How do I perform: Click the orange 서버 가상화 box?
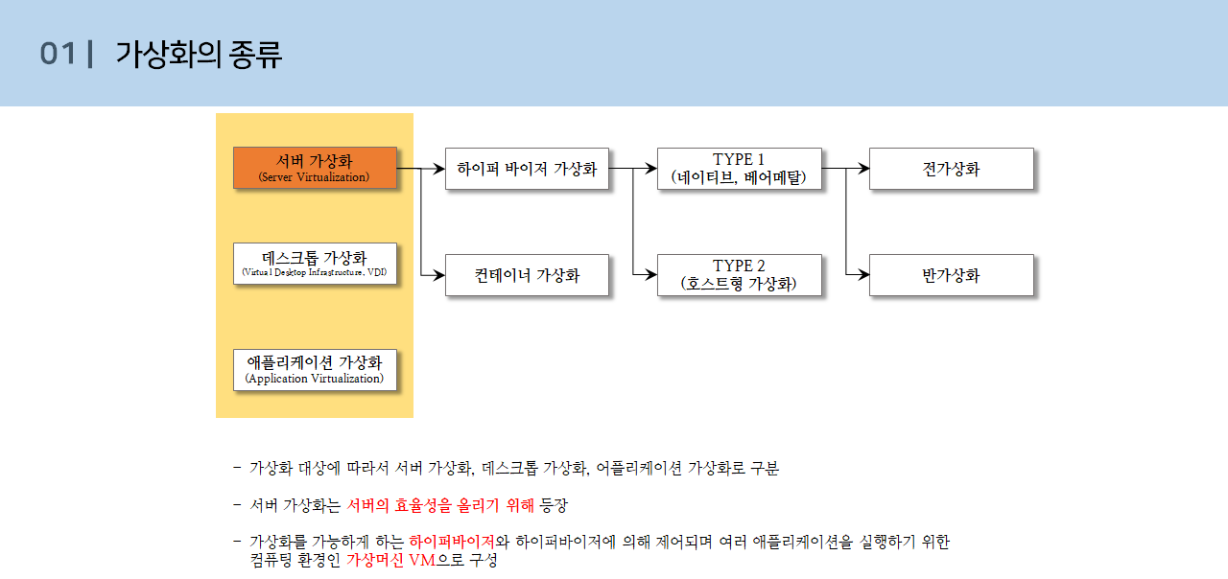click(315, 168)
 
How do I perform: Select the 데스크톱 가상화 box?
click(315, 264)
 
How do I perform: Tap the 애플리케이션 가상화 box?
click(315, 369)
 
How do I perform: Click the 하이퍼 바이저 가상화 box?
click(527, 169)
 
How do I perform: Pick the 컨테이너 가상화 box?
click(527, 275)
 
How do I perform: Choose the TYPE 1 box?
click(739, 169)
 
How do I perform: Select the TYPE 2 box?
click(739, 275)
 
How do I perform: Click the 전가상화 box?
click(951, 169)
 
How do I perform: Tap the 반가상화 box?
click(951, 275)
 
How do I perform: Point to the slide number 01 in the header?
click(58, 55)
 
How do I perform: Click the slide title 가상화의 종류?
click(199, 55)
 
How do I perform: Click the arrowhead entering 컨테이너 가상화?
click(439, 275)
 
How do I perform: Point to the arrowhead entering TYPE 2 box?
click(651, 275)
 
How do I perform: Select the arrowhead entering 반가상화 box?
click(863, 275)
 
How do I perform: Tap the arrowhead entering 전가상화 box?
click(863, 169)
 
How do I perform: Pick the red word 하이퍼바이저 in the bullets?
click(452, 542)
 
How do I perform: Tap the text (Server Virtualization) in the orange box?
click(314, 177)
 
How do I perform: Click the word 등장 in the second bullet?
click(555, 505)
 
